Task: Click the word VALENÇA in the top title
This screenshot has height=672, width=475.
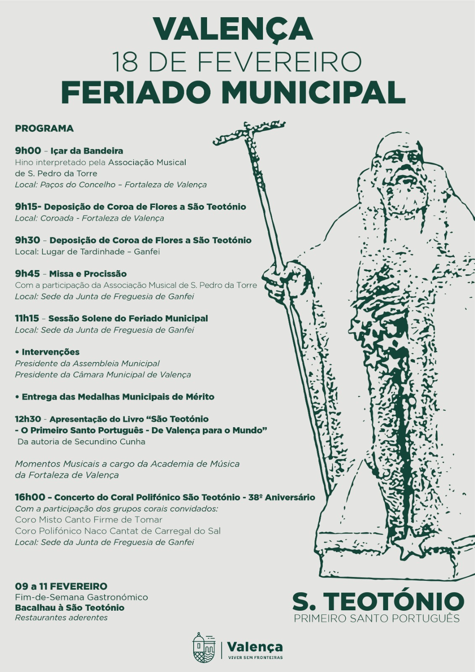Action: pyautogui.click(x=233, y=29)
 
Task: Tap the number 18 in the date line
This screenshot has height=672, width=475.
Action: pyautogui.click(x=125, y=62)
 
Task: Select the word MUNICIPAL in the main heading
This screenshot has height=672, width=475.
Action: pyautogui.click(x=313, y=92)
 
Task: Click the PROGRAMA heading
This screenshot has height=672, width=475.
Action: pyautogui.click(x=44, y=129)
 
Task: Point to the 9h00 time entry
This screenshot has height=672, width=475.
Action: pyautogui.click(x=28, y=151)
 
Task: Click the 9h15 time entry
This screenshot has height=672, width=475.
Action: pyautogui.click(x=27, y=207)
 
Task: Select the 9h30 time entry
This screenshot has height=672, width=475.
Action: pyautogui.click(x=27, y=240)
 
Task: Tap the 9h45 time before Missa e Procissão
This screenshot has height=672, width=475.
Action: pyautogui.click(x=27, y=274)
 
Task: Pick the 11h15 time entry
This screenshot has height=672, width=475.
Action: pyautogui.click(x=26, y=318)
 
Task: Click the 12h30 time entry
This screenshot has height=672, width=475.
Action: pyautogui.click(x=28, y=419)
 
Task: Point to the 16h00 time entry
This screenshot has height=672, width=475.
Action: pyautogui.click(x=29, y=497)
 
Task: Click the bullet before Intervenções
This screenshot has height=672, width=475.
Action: pyautogui.click(x=17, y=352)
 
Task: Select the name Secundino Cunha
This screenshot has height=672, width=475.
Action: pyautogui.click(x=110, y=441)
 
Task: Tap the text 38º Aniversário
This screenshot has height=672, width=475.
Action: pyautogui.click(x=281, y=497)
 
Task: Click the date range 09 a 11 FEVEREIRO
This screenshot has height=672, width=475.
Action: pyautogui.click(x=61, y=586)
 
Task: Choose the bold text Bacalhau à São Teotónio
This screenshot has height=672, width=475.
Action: pyautogui.click(x=69, y=608)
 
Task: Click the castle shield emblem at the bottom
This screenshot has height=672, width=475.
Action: pyautogui.click(x=204, y=648)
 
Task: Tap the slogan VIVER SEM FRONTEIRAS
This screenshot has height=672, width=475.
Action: pyautogui.click(x=255, y=657)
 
